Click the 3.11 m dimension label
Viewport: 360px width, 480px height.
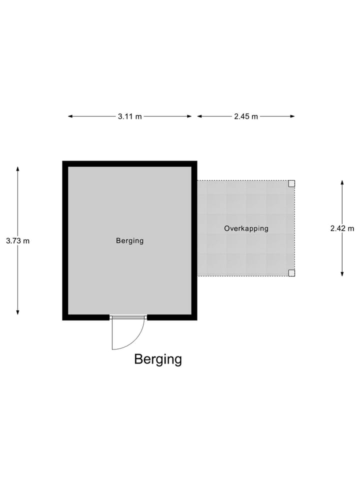pos(130,116)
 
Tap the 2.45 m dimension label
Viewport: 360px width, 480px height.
pos(246,116)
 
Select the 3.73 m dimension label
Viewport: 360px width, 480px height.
pos(18,240)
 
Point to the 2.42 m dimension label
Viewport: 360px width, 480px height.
pos(342,228)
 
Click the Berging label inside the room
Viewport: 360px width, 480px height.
pos(130,240)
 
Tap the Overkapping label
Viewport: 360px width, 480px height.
pos(246,228)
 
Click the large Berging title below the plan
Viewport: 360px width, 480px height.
pos(158,359)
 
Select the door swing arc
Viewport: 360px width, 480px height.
pos(136,340)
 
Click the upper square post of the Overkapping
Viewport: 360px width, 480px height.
pos(291,183)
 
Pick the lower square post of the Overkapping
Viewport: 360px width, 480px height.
pos(291,272)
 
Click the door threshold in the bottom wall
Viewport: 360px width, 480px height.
pos(128,317)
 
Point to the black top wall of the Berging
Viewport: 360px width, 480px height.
pos(130,163)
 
